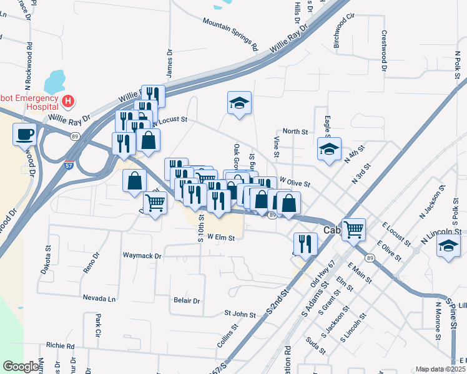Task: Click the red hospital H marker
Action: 68,100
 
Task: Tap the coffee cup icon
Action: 24,135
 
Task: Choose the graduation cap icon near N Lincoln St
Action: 449,246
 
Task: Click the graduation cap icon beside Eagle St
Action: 329,150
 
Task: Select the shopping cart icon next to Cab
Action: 353,229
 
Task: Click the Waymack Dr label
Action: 142,256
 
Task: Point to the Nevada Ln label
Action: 99,299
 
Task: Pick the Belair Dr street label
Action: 187,300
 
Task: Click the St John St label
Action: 240,315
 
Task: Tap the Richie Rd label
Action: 60,345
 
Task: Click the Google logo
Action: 21,367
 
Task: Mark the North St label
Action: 295,132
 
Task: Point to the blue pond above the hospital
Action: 55,80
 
